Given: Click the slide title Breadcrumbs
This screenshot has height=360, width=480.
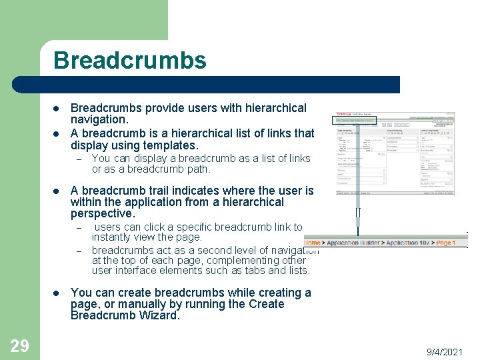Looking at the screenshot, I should coord(130,61).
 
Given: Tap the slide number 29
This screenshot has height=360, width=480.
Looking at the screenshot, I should coord(19,345).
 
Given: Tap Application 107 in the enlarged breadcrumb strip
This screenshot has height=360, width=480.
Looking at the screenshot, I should coord(409,243).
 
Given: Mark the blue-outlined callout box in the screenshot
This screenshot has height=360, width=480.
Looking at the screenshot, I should coord(355,121).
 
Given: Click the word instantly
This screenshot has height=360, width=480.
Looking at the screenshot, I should coord(113,237).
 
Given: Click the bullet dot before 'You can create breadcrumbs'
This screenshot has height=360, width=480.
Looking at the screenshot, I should coord(57,293).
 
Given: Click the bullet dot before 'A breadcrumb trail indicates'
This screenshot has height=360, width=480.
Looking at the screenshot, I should coord(57,190).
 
